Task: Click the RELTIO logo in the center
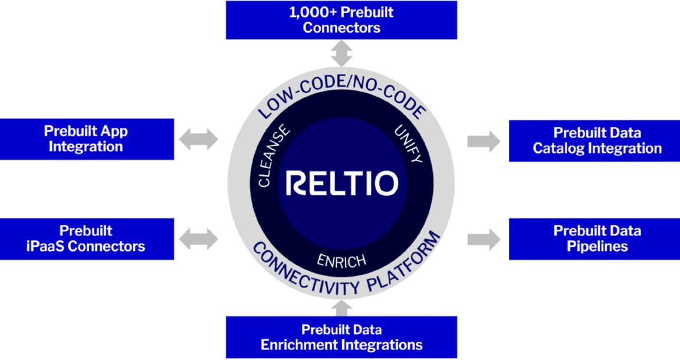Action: pos(341,184)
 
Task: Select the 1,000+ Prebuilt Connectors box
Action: pos(341,20)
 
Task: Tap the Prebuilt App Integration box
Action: pos(86,139)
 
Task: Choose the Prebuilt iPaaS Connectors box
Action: pos(86,238)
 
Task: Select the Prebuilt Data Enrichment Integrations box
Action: pos(341,337)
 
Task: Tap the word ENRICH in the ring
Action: pos(341,260)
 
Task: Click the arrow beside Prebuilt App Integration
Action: pos(199,140)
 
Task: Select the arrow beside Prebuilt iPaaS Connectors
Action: pos(199,239)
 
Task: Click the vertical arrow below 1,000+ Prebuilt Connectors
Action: pos(341,53)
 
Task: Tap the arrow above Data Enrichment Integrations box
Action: pos(341,308)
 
